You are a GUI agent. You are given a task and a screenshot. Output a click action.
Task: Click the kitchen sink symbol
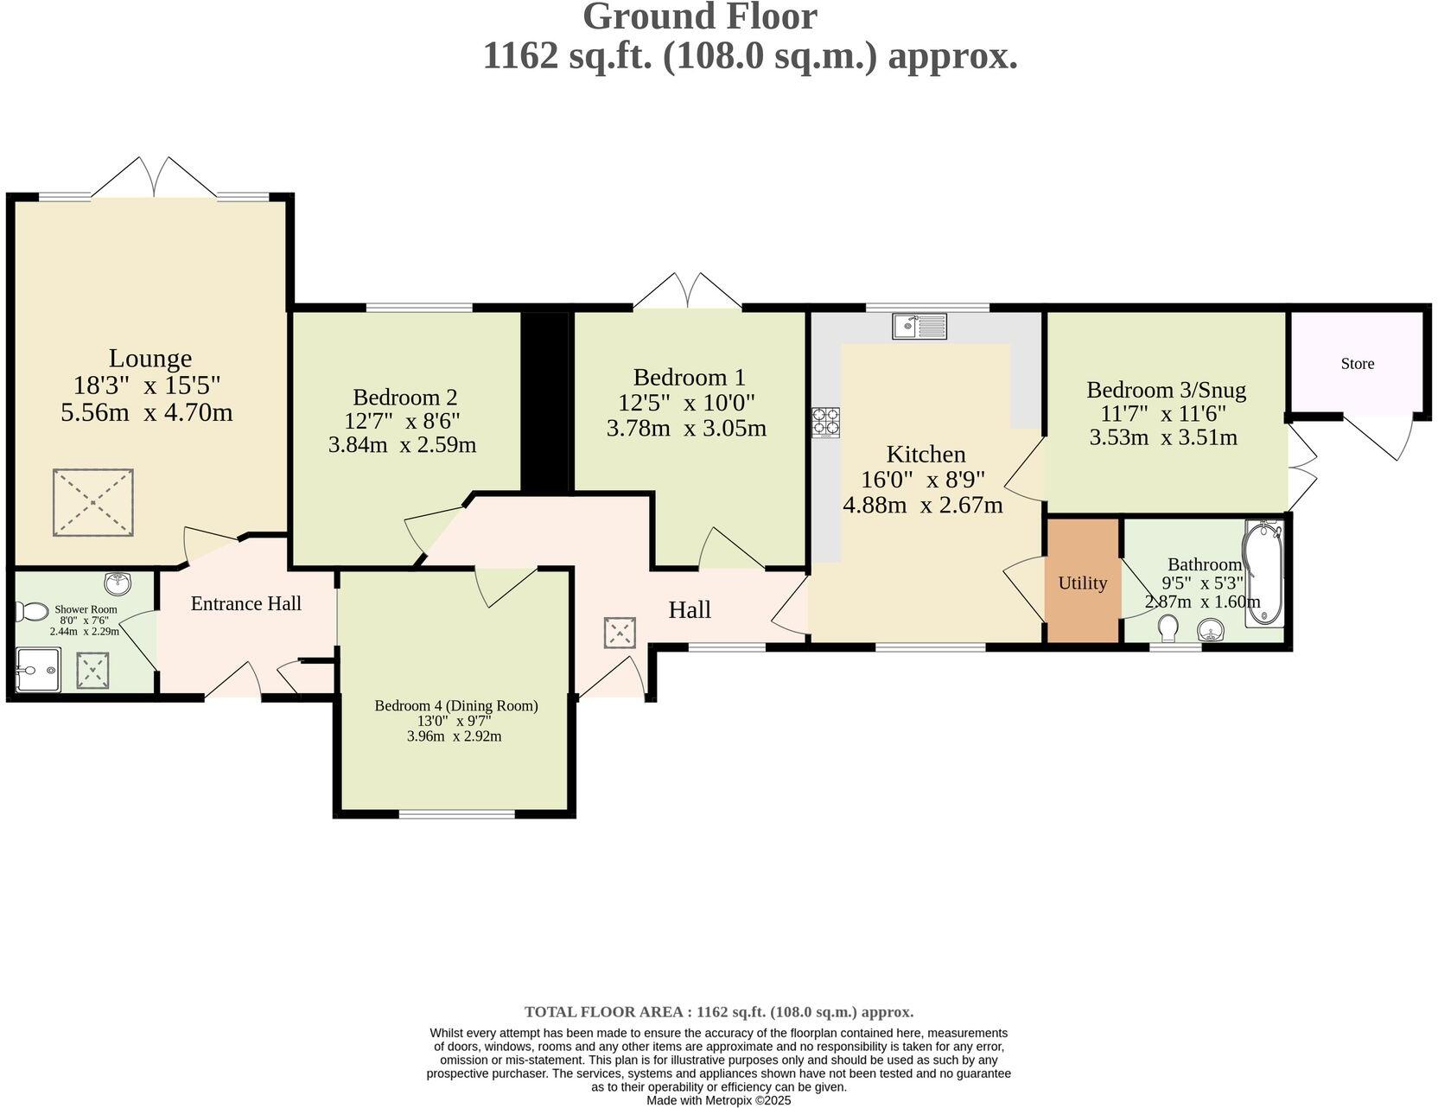[920, 326]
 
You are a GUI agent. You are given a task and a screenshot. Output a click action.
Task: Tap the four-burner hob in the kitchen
[825, 422]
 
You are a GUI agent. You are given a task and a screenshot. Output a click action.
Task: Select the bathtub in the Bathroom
[1263, 573]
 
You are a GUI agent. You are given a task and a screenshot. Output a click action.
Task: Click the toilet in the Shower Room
[32, 612]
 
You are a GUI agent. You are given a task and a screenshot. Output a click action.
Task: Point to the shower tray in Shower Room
[38, 670]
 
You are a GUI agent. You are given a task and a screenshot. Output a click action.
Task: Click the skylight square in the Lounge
[92, 502]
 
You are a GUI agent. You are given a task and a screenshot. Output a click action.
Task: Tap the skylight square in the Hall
[620, 632]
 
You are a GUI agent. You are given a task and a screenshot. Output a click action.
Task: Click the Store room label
[1357, 364]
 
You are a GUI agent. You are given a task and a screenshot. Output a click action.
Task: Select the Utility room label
[1082, 583]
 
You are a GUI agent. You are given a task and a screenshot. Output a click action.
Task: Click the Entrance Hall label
[245, 603]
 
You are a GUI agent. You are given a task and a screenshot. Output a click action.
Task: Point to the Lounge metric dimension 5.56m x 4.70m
[147, 412]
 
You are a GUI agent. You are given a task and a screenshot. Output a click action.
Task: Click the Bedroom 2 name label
[404, 398]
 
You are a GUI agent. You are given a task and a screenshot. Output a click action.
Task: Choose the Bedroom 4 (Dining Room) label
[455, 705]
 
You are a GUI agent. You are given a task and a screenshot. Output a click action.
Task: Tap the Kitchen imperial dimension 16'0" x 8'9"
[923, 480]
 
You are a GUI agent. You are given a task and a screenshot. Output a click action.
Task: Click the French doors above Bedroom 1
[688, 292]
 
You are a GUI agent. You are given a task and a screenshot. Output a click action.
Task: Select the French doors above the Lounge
[154, 177]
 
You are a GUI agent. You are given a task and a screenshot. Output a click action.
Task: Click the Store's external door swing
[1381, 436]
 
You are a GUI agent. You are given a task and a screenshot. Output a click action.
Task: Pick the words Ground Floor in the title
[699, 17]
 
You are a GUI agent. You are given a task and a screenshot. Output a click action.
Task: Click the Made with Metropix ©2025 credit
[718, 1100]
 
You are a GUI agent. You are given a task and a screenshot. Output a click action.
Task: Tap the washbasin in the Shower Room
[117, 583]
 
